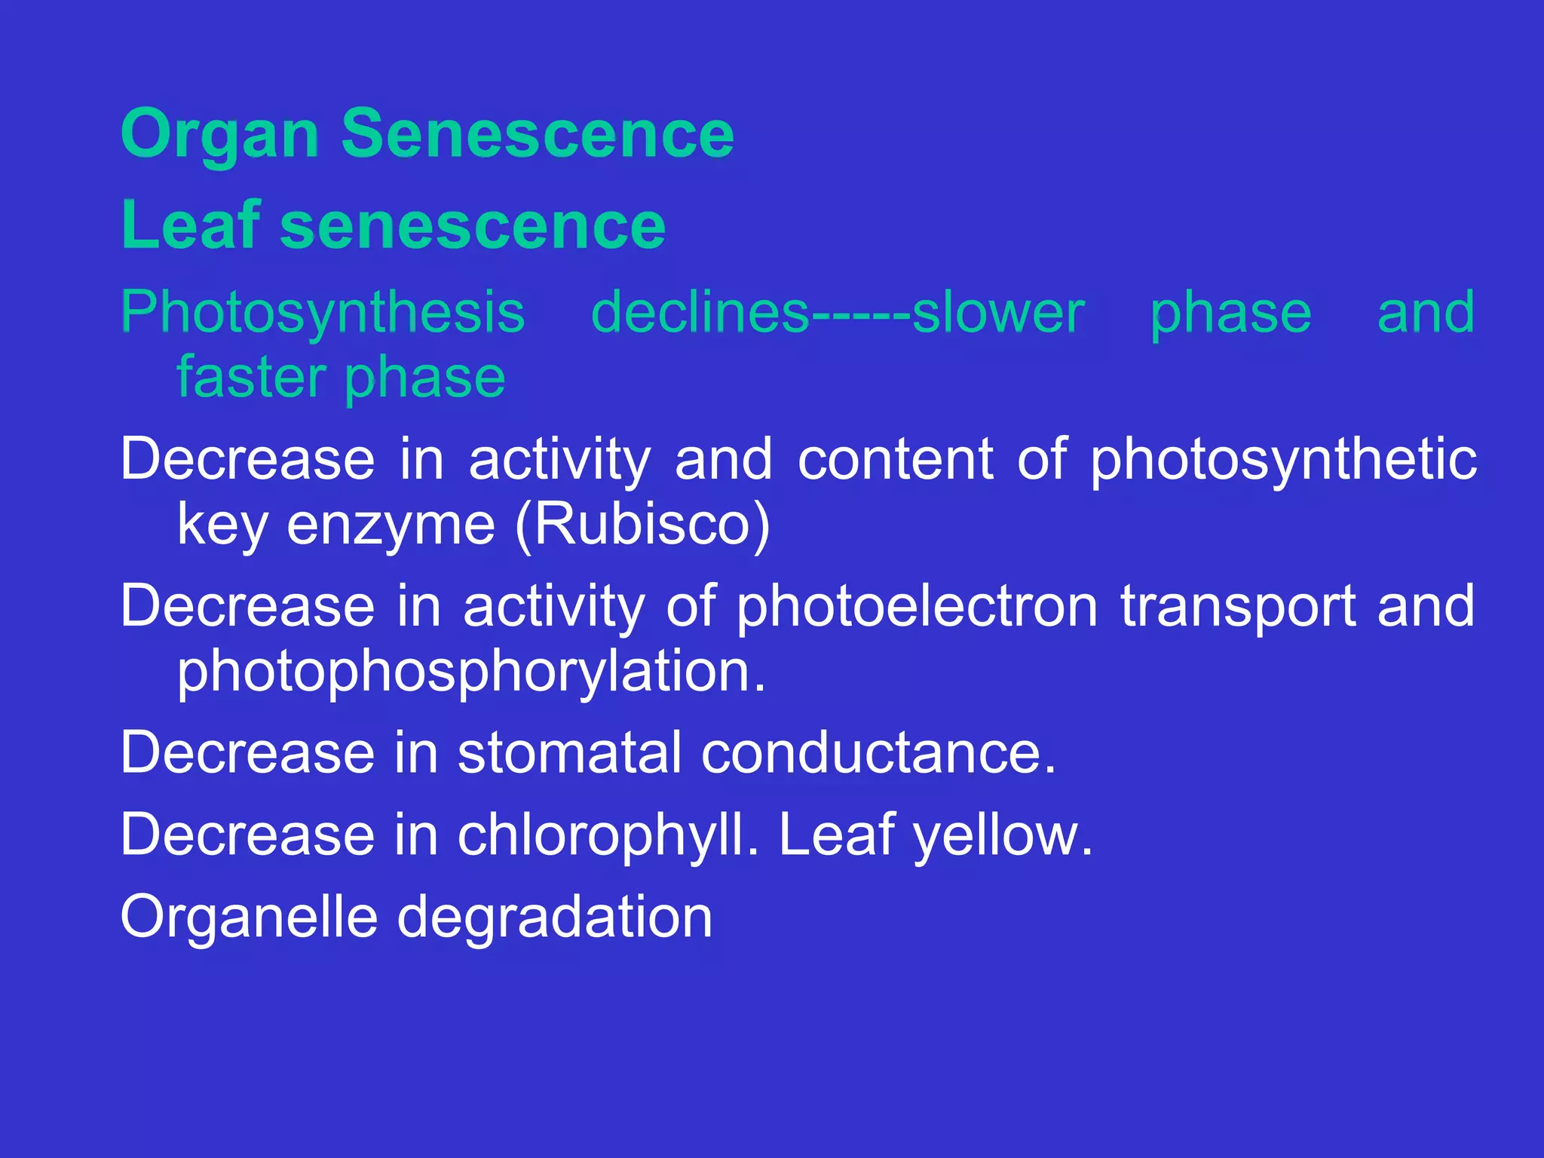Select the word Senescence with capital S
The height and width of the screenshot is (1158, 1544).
538,133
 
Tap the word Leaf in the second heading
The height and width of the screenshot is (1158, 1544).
191,225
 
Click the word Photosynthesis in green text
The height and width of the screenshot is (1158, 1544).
323,313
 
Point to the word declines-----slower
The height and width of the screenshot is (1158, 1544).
838,313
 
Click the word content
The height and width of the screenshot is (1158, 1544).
895,459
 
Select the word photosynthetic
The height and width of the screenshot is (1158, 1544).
1283,459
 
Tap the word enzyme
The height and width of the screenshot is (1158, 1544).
391,525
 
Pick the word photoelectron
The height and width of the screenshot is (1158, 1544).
917,605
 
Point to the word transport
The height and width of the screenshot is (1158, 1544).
1236,607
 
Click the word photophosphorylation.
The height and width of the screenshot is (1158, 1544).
471,671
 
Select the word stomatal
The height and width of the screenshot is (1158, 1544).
569,752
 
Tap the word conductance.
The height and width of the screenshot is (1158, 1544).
878,752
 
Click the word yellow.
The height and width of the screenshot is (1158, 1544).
1003,835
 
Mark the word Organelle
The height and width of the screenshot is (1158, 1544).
249,918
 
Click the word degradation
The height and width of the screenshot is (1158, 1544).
554,918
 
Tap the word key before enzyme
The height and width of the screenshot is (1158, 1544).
222,525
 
